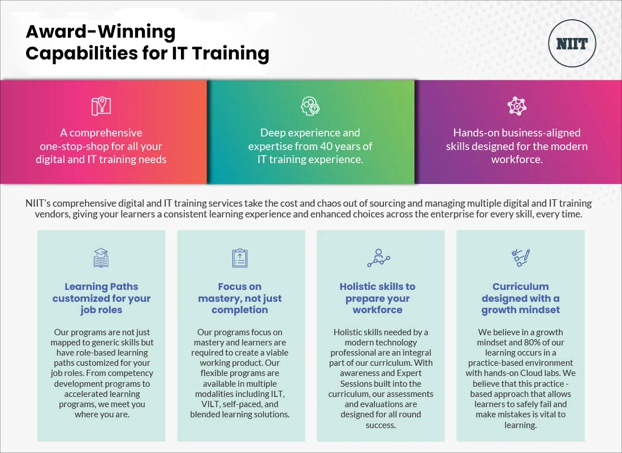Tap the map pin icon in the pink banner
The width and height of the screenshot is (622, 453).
click(x=101, y=106)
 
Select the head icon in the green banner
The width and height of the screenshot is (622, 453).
click(x=310, y=106)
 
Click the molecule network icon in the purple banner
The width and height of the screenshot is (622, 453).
click(x=517, y=106)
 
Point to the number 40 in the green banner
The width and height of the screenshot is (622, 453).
click(x=326, y=146)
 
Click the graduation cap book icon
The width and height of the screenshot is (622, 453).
click(x=101, y=258)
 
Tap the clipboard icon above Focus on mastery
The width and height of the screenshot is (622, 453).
click(x=240, y=258)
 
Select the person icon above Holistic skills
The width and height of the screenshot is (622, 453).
click(x=379, y=258)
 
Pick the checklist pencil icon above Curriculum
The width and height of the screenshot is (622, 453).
click(x=521, y=258)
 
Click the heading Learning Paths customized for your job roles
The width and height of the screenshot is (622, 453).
click(x=102, y=298)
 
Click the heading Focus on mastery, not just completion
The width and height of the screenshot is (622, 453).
click(x=240, y=298)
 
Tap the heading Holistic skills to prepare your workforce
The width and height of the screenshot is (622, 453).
click(x=378, y=298)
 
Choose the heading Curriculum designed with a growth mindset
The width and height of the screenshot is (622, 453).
click(x=520, y=298)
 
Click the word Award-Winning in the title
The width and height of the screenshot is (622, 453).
click(x=100, y=32)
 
